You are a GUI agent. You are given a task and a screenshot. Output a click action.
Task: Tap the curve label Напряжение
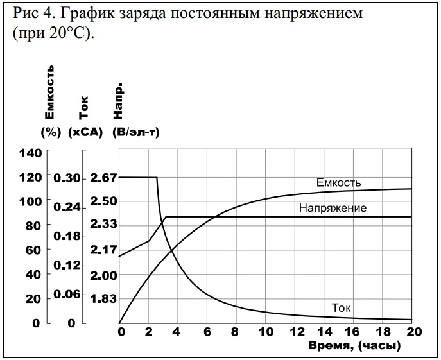(x=333, y=208)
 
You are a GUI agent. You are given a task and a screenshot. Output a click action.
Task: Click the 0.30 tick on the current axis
(x=67, y=178)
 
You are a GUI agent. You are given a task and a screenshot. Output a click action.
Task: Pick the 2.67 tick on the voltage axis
(x=105, y=178)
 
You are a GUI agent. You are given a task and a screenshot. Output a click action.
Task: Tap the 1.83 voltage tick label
(x=105, y=298)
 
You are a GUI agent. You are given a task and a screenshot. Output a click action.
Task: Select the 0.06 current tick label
(x=67, y=294)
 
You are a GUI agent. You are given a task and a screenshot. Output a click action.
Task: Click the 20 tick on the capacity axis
(x=33, y=299)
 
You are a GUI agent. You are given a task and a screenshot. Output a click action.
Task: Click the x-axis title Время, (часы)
(x=355, y=346)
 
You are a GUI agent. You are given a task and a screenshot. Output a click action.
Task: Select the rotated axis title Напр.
(x=118, y=103)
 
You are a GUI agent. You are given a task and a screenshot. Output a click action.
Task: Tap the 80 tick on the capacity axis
(x=33, y=226)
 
